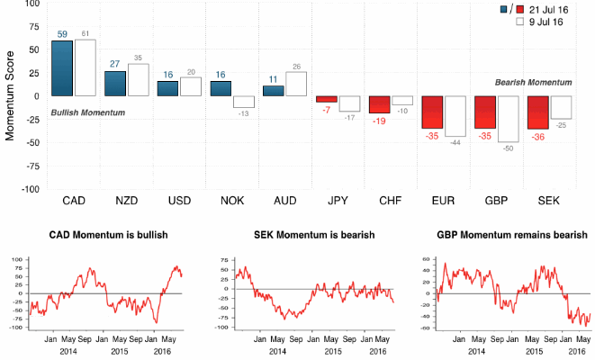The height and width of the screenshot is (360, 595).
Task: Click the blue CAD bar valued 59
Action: click(x=62, y=67)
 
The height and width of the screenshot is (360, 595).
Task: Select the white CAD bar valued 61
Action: click(x=85, y=67)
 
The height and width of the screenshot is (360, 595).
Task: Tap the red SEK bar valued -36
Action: click(x=538, y=112)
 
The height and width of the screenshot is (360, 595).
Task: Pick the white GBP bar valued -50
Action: click(x=509, y=119)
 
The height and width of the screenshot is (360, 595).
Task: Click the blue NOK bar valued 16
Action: click(x=220, y=88)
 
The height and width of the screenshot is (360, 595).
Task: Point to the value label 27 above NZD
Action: click(x=114, y=64)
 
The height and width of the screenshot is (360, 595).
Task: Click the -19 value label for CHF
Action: click(x=380, y=120)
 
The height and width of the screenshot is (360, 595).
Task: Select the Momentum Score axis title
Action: click(x=10, y=95)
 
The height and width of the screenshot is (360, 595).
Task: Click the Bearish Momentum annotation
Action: click(x=533, y=82)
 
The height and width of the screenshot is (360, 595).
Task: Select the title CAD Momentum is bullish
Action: click(x=108, y=236)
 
